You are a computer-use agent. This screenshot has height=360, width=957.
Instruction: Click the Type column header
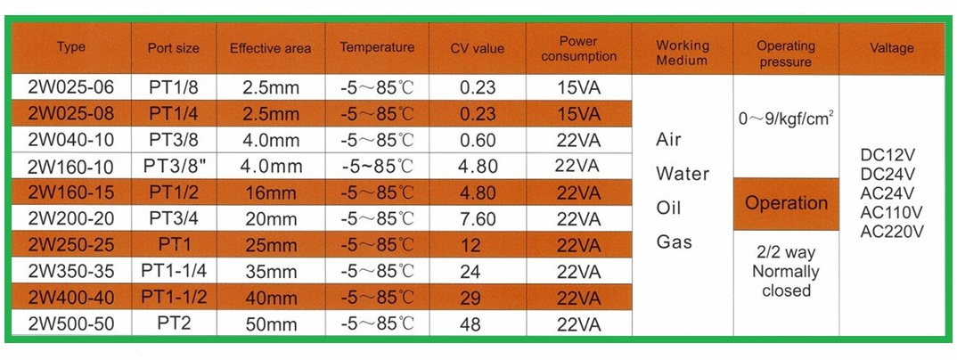point(71,47)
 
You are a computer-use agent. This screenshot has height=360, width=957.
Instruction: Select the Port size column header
point(173,48)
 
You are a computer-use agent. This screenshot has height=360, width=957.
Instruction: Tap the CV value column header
point(478,48)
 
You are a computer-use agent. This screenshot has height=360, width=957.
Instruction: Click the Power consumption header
point(578,48)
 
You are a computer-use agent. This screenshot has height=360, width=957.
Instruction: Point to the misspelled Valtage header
point(891,48)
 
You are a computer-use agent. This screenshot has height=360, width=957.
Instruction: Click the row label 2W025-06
point(71,88)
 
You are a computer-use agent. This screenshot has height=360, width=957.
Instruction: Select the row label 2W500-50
point(71,323)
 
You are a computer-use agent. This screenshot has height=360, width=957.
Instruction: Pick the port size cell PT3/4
point(173,219)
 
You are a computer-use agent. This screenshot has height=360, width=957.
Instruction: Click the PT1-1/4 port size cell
point(173,271)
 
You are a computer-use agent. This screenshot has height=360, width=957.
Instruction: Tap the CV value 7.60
point(478,219)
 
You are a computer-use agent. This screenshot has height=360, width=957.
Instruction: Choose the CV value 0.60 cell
point(478,141)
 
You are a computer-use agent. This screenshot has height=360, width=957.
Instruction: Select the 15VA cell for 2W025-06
point(577,88)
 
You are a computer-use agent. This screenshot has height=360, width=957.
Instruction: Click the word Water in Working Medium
point(682,174)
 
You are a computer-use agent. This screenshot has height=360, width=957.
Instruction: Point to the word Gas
point(674,241)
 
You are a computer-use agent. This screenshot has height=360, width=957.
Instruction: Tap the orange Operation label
point(786,203)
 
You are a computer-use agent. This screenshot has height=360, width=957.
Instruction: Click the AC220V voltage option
point(891,231)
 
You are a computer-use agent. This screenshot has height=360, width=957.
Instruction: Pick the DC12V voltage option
point(891,154)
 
